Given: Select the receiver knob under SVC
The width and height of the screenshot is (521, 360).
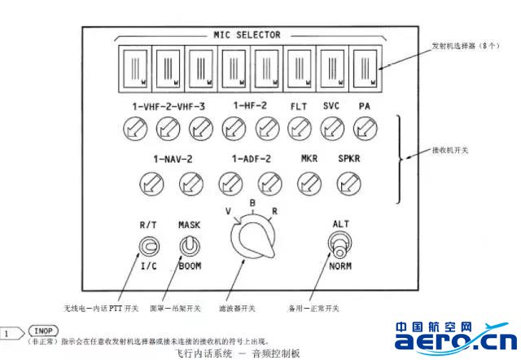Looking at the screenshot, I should tap(331, 126).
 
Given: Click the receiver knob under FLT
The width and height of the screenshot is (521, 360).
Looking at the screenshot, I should tap(299, 126).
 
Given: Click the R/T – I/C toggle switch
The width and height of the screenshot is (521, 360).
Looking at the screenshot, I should tap(149, 245).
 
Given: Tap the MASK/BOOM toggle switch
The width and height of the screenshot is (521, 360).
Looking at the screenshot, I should tap(190, 244).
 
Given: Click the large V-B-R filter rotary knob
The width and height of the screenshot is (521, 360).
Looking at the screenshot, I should tap(252, 241).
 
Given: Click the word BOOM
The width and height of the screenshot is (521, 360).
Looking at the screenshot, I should tap(190, 266).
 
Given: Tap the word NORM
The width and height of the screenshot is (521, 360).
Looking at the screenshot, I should tap(340, 266).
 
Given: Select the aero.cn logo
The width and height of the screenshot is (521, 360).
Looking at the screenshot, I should tap(455, 336).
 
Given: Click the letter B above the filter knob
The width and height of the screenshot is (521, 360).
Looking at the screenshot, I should tap(253, 204).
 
